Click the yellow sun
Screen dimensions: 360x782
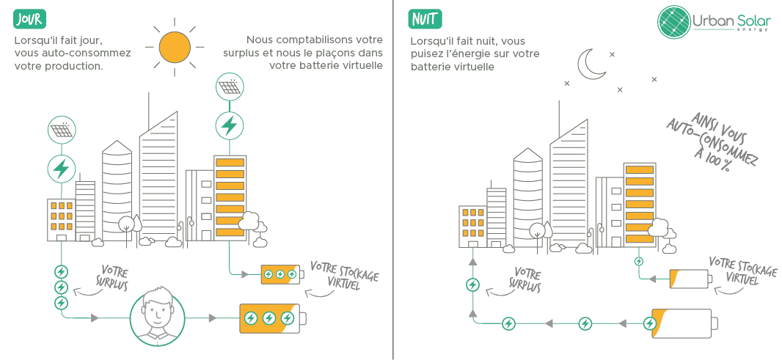[x=175, y=47]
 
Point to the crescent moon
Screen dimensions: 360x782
[x=591, y=65]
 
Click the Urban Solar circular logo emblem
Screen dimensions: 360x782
[x=674, y=21]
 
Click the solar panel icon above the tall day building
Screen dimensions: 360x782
[x=230, y=88]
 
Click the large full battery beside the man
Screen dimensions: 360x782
[x=271, y=318]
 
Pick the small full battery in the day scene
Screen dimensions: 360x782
[x=281, y=275]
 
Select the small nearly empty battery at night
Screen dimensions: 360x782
[x=690, y=279]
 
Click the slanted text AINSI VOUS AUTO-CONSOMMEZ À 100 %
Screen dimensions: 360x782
[x=711, y=142]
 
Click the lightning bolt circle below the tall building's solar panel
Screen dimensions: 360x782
[x=230, y=125]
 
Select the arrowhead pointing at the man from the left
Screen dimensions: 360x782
[x=95, y=318]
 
